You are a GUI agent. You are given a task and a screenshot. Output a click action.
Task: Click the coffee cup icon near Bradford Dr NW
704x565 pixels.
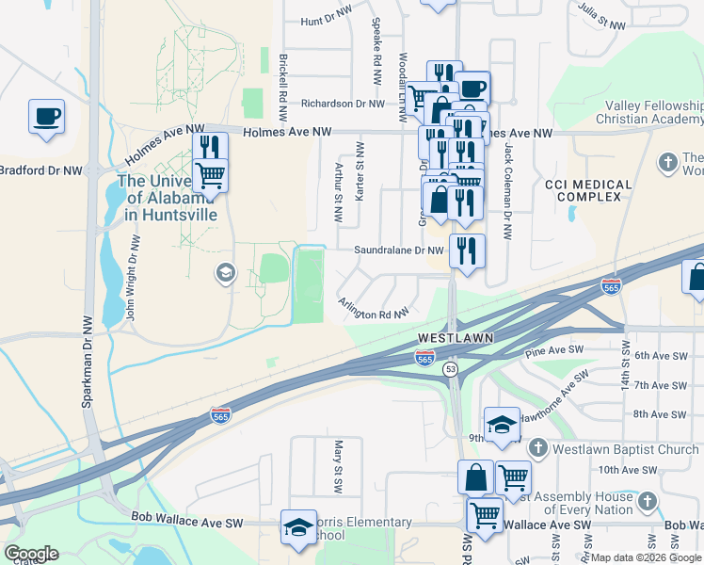[x=46, y=118]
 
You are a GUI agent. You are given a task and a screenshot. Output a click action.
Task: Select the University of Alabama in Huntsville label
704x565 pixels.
[x=168, y=198]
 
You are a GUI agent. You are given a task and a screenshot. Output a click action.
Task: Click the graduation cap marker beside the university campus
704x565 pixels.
[x=225, y=274]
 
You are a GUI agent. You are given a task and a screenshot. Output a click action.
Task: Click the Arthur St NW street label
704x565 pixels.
[x=339, y=192]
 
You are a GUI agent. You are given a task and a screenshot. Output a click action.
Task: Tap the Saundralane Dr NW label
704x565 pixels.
[x=398, y=250]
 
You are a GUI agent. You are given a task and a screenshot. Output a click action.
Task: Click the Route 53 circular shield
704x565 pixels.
[x=450, y=368]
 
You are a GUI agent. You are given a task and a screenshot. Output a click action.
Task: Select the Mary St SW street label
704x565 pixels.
[x=337, y=465]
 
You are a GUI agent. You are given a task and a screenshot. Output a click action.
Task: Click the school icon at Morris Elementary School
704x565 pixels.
[x=297, y=528]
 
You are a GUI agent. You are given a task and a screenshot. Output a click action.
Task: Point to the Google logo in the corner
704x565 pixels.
[x=31, y=554]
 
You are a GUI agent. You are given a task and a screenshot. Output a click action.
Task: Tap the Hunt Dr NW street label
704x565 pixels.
[x=325, y=22]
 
